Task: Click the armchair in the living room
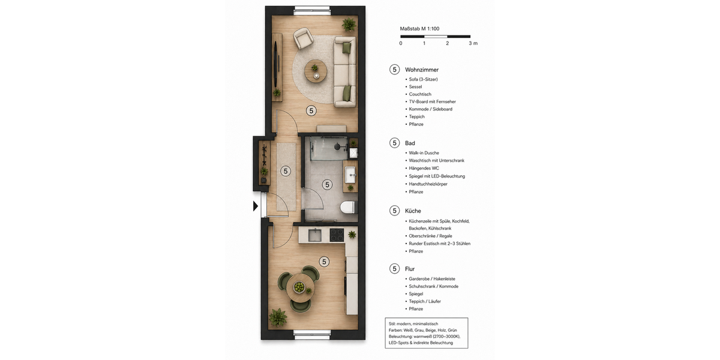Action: click(x=303, y=40)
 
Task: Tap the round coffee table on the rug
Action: click(x=315, y=71)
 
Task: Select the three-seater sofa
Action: click(x=345, y=71)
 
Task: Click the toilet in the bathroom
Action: click(x=347, y=208)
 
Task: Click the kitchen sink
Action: click(x=315, y=235)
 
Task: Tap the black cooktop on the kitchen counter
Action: click(x=336, y=235)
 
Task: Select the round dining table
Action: click(x=299, y=287)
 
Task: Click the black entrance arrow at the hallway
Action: click(x=256, y=206)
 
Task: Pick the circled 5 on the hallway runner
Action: click(x=286, y=171)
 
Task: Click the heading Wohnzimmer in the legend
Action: click(x=422, y=70)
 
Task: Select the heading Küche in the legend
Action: click(x=413, y=211)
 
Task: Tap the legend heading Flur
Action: click(x=410, y=269)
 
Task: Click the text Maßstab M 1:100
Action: click(x=420, y=28)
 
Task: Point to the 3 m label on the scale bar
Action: click(x=473, y=43)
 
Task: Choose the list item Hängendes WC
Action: click(x=424, y=169)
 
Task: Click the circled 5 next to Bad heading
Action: click(x=394, y=143)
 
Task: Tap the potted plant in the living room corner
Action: click(x=349, y=24)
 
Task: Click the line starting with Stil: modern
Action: click(x=415, y=323)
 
